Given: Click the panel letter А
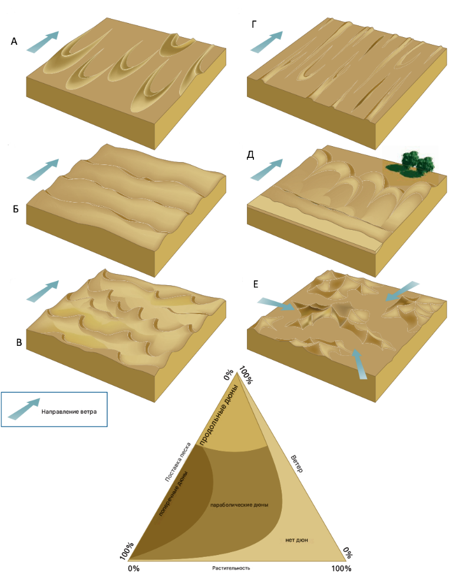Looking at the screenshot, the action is pos(14,42).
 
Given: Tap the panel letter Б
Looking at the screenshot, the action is pos(16,209).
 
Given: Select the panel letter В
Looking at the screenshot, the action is pos(19,342).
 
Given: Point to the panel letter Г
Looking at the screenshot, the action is pos(253,25).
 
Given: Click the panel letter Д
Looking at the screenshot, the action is pos(250,156).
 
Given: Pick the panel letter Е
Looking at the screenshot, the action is pos(256,284).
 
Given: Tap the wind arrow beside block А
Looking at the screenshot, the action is pos(43,42).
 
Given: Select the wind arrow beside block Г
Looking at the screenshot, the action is pos(266,42).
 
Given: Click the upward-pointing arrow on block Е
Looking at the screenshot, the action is pos(359,364).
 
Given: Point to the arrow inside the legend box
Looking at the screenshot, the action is pos(24,409).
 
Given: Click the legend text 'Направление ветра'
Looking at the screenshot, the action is pos(69,411).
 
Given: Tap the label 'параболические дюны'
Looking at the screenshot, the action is pos(239,504).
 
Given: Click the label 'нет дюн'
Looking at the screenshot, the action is pos(296,540).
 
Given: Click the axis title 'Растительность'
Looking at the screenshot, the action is pos(231,568).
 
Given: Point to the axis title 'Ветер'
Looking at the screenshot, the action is pos(297,464).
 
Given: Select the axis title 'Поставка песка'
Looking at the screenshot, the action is pos(178,462).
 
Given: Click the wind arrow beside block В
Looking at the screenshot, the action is pos(43,291).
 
